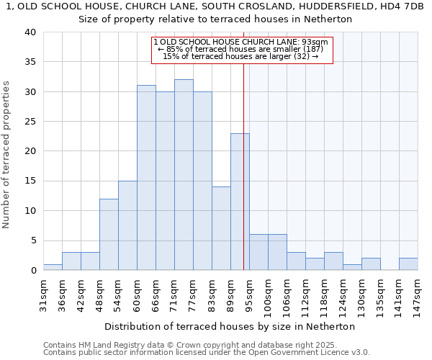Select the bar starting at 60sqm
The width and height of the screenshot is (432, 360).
pos(146,178)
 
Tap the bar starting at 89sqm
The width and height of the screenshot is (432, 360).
pos(240,202)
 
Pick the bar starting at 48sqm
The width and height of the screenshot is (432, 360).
pos(109,235)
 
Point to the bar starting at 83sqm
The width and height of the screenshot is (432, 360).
pos(221,228)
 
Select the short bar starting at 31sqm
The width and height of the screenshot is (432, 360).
pos(53,267)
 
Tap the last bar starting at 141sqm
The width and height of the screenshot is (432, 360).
pos(408,264)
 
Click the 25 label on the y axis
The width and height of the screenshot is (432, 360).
pos(30,122)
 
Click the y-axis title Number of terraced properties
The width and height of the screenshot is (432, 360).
pos(7,155)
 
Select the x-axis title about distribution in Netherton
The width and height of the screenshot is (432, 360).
pos(235,326)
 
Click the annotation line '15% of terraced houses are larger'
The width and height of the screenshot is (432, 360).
pos(240,55)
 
